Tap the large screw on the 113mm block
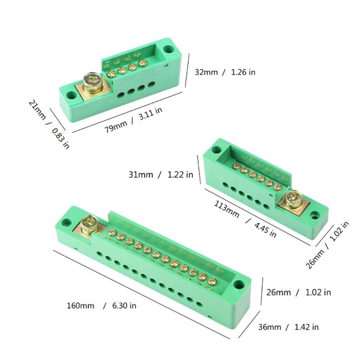[x=294, y=198]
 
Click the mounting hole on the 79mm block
[x=169, y=49]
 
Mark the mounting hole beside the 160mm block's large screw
[x=66, y=222]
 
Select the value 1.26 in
[x=243, y=72]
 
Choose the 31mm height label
[x=140, y=175]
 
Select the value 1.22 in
[x=180, y=175]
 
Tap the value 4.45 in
[x=265, y=228]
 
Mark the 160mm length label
[x=81, y=306]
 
